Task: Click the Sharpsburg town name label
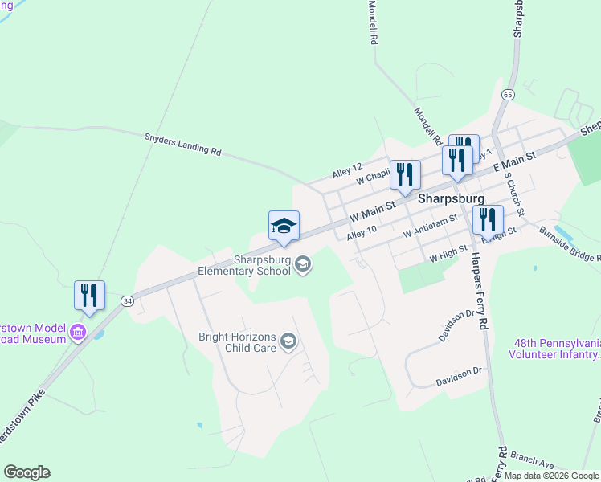pyautogui.click(x=451, y=198)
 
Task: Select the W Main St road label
pyautogui.click(x=373, y=213)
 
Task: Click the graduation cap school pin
pyautogui.click(x=284, y=227)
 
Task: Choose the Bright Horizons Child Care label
pyautogui.click(x=237, y=342)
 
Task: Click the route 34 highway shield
pyautogui.click(x=127, y=300)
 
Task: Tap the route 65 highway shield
pyautogui.click(x=507, y=94)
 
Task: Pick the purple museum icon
pyautogui.click(x=78, y=333)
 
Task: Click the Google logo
pyautogui.click(x=27, y=472)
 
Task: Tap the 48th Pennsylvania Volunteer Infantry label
pyautogui.click(x=554, y=349)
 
